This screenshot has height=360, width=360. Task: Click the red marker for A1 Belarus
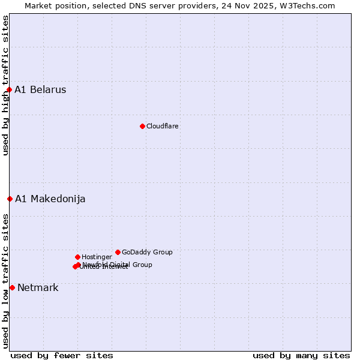pyautogui.click(x=9, y=90)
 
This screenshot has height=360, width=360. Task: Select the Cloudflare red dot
pyautogui.click(x=142, y=126)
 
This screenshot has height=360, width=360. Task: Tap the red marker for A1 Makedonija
pyautogui.click(x=10, y=199)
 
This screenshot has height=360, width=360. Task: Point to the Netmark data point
pyautogui.click(x=12, y=287)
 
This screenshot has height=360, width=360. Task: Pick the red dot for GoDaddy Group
pyautogui.click(x=118, y=252)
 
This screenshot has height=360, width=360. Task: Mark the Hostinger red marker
pyautogui.click(x=77, y=257)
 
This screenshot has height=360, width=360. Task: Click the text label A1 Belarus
pyautogui.click(x=40, y=90)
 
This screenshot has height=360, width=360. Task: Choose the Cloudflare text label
pyautogui.click(x=162, y=126)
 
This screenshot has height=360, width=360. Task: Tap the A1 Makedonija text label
pyautogui.click(x=50, y=199)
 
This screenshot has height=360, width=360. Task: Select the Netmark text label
pyautogui.click(x=38, y=287)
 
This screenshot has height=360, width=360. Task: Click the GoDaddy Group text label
pyautogui.click(x=147, y=252)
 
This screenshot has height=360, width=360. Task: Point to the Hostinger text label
pyautogui.click(x=97, y=257)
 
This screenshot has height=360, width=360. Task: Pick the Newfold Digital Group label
pyautogui.click(x=118, y=265)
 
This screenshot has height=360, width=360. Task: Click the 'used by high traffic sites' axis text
pyautogui.click(x=5, y=85)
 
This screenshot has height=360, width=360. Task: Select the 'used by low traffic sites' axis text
pyautogui.click(x=5, y=280)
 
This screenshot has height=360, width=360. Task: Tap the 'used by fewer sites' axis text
pyautogui.click(x=62, y=355)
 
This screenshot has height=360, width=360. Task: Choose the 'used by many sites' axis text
pyautogui.click(x=301, y=355)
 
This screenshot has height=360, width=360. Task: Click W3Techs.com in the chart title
pyautogui.click(x=307, y=5)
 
